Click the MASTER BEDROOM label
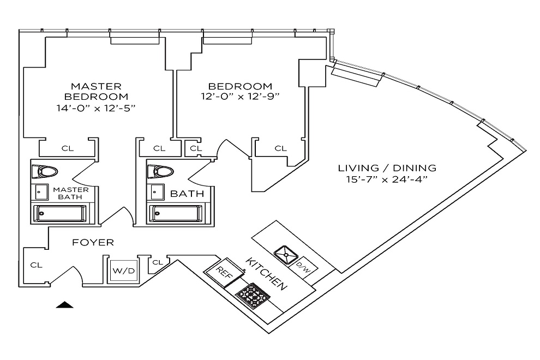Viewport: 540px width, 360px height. tap(96, 91)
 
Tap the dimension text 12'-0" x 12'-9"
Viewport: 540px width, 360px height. tap(240, 97)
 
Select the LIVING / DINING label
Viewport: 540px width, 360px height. tap(387, 168)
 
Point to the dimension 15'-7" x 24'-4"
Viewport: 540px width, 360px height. tap(387, 179)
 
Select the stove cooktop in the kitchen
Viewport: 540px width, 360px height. tap(253, 297)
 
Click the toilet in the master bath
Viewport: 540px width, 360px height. tap(45, 172)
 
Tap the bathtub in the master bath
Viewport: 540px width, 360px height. tap(58, 213)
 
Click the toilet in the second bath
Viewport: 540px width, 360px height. tap(160, 172)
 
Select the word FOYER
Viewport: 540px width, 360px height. tap(93, 242)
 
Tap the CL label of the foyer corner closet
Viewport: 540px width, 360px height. tap(36, 265)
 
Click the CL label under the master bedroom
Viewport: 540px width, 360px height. tap(68, 148)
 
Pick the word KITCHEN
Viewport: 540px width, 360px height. tap(266, 273)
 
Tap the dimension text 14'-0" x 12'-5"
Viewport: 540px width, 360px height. tap(96, 107)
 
